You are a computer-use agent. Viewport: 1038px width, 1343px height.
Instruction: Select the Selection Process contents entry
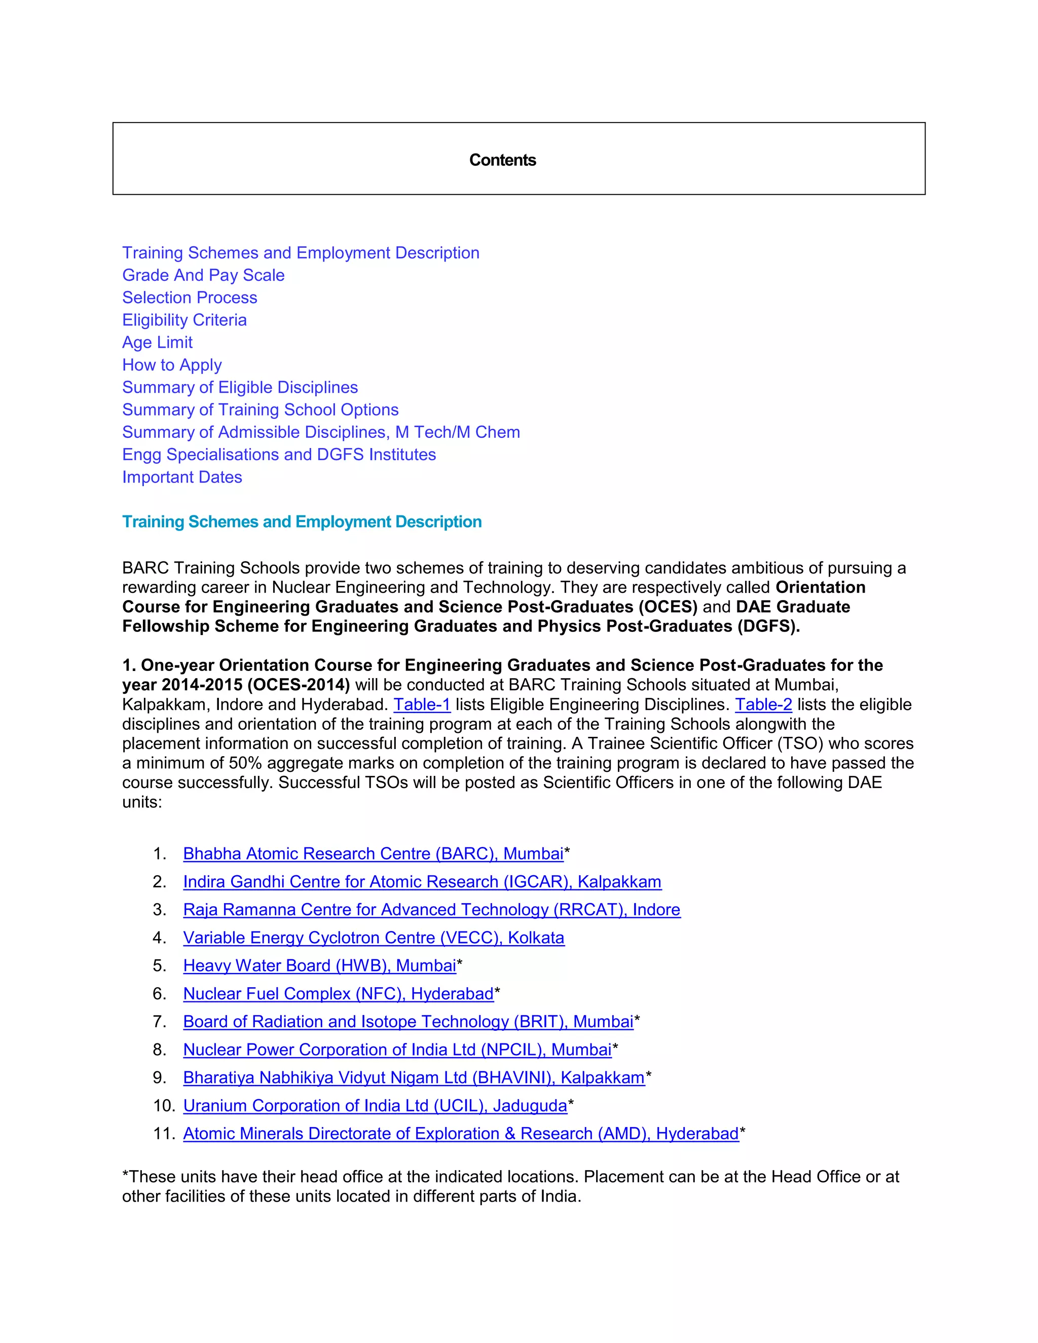pyautogui.click(x=190, y=297)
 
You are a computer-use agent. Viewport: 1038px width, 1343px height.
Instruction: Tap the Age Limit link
pyautogui.click(x=158, y=343)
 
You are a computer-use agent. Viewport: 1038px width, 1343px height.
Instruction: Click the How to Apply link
pyautogui.click(x=172, y=365)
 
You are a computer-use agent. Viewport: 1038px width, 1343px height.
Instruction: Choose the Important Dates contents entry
pyautogui.click(x=182, y=477)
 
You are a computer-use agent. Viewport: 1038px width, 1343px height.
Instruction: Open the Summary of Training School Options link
pyautogui.click(x=260, y=409)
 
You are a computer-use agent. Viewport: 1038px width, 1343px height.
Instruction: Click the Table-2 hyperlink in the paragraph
pyautogui.click(x=763, y=705)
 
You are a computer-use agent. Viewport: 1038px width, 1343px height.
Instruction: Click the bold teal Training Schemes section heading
pyautogui.click(x=302, y=522)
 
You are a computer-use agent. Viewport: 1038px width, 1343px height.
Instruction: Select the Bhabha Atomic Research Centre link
pyautogui.click(x=373, y=853)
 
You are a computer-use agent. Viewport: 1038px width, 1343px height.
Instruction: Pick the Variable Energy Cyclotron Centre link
pyautogui.click(x=373, y=938)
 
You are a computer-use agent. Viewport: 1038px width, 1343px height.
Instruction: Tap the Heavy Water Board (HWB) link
pyautogui.click(x=319, y=965)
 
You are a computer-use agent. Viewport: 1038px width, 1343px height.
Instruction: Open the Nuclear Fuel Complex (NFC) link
pyautogui.click(x=338, y=994)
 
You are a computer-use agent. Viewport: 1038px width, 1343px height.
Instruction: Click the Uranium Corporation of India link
pyautogui.click(x=375, y=1106)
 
